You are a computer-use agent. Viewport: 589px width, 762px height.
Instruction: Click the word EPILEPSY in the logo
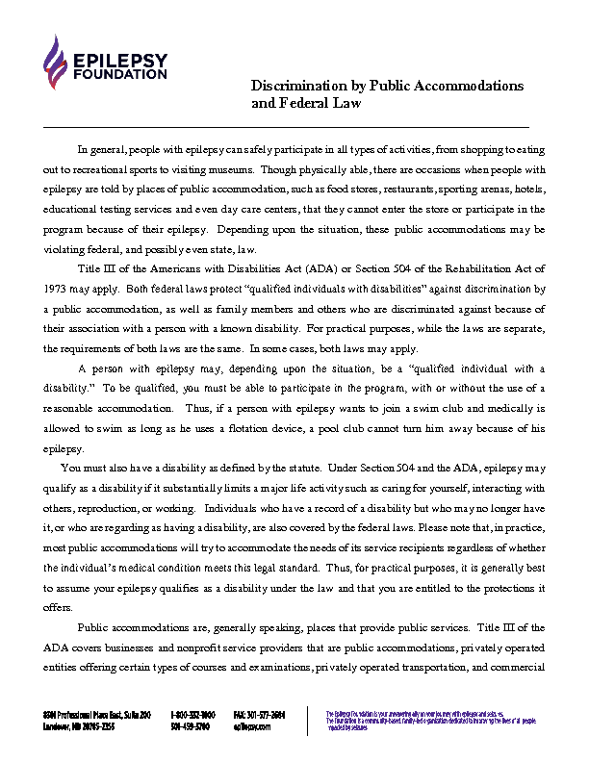click(118, 61)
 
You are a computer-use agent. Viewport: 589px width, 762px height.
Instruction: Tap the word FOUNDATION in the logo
click(118, 74)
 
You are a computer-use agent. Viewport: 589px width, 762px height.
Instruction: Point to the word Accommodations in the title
click(470, 86)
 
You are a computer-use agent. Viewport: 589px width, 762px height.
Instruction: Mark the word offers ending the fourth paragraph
click(58, 607)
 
